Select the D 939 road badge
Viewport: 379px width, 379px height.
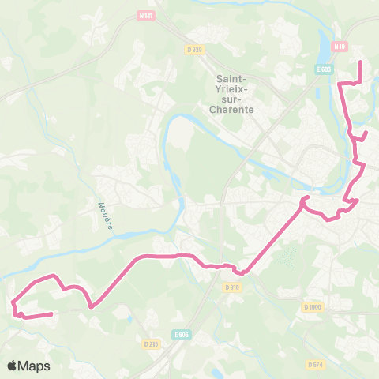click(x=195, y=49)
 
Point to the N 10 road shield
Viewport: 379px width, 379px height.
click(x=340, y=47)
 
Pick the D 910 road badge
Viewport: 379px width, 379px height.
click(x=231, y=287)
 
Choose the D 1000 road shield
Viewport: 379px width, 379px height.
click(x=313, y=306)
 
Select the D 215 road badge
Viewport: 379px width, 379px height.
click(x=152, y=343)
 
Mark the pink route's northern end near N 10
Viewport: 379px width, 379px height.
click(x=360, y=62)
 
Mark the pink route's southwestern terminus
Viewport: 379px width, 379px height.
click(x=52, y=314)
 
